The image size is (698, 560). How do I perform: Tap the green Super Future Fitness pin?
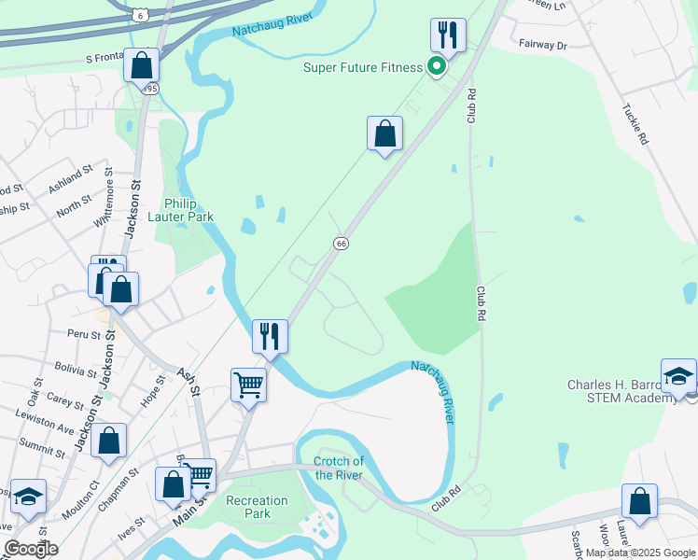tap(436, 65)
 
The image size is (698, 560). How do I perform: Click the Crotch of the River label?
tap(338, 468)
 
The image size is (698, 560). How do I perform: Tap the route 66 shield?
tap(342, 243)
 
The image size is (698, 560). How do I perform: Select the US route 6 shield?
tap(139, 15)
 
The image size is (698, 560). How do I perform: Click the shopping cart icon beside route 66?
tap(248, 384)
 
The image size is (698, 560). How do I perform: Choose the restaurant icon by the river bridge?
tap(270, 336)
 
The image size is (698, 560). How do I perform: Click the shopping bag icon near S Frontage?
tap(141, 65)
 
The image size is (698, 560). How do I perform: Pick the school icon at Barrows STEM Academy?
tap(678, 375)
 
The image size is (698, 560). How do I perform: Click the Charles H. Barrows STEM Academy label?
tap(621, 392)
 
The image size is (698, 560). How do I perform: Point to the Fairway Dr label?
tap(542, 45)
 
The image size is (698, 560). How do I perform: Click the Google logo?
tap(31, 549)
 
